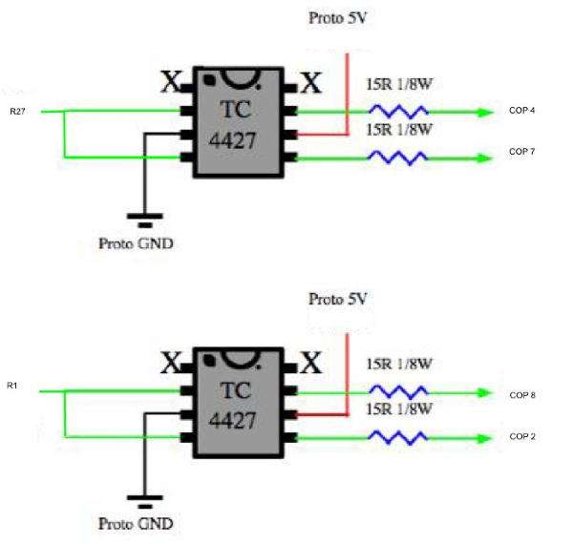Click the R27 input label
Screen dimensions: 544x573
point(18,112)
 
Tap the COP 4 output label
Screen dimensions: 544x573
point(522,112)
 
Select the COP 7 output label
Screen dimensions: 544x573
point(522,152)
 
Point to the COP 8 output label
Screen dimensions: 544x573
point(522,393)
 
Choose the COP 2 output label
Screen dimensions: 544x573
point(522,435)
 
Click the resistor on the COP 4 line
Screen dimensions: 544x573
point(397,112)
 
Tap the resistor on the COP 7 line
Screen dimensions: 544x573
point(397,157)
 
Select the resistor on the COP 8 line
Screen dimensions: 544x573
point(397,391)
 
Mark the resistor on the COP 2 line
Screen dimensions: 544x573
point(397,436)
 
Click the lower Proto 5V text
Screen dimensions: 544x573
point(336,299)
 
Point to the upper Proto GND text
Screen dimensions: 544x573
point(137,242)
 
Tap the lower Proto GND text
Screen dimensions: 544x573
point(137,524)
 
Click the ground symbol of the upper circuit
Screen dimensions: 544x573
point(143,216)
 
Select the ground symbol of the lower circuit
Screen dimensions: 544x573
point(143,498)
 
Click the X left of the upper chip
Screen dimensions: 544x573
point(170,83)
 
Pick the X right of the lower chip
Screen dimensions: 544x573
point(311,364)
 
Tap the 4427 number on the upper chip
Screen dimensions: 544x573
point(239,139)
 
